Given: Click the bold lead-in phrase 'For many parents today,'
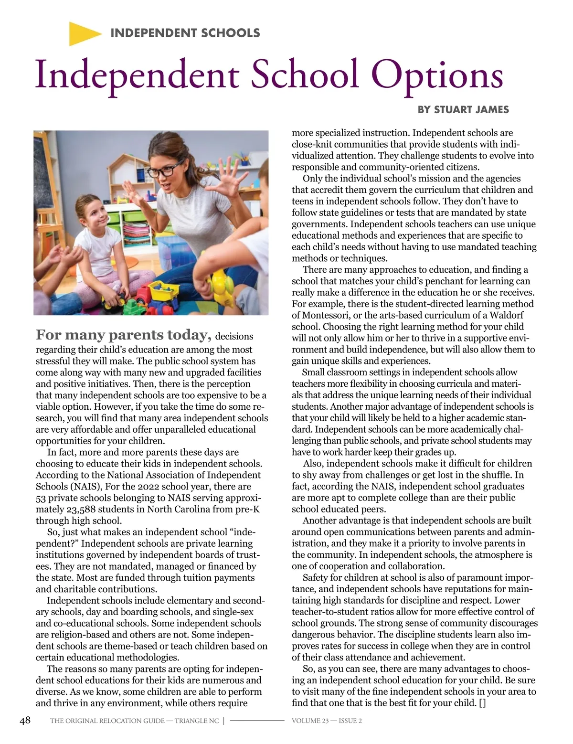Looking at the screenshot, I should point(124,335).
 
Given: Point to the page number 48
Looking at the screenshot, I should point(25,720).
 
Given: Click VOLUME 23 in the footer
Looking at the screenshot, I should point(310,721).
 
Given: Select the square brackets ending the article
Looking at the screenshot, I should point(482,703).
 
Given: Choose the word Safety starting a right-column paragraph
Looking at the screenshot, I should point(317,578).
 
